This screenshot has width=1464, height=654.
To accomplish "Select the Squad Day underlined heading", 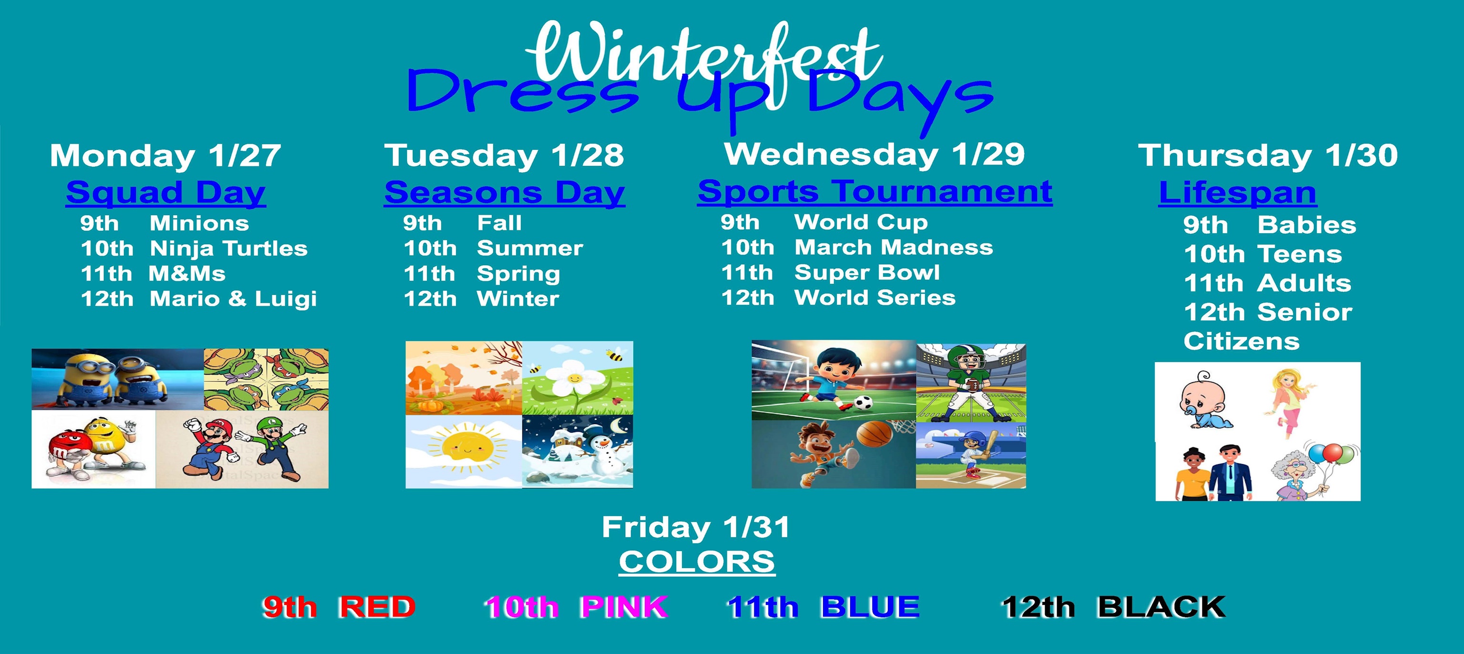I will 165,192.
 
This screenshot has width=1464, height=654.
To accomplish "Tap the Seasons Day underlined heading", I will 505,192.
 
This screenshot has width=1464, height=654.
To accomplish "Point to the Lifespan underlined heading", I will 1237,192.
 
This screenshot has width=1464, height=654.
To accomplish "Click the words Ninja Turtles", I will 228,249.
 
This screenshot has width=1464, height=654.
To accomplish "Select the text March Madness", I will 894,248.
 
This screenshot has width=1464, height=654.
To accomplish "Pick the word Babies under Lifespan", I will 1307,225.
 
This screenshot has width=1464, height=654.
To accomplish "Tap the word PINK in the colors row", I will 624,607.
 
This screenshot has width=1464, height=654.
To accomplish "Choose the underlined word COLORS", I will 697,562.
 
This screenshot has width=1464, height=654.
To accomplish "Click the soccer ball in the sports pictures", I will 863,403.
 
